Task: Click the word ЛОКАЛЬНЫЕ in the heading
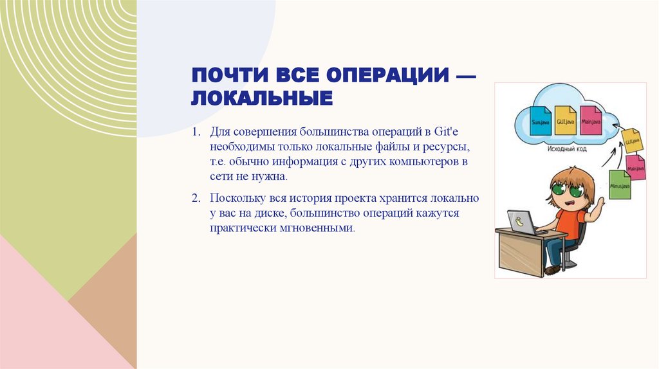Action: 262,98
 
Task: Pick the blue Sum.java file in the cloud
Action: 540,120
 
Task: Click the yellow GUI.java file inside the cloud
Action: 565,120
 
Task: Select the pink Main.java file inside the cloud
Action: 590,120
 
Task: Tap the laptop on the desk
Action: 521,222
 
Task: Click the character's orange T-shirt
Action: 570,222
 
